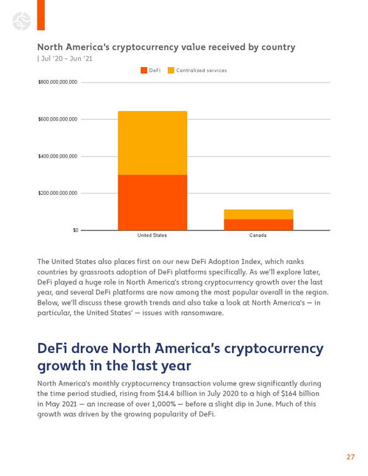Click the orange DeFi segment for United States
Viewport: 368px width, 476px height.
[x=152, y=202]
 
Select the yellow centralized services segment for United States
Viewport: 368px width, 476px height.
[x=152, y=143]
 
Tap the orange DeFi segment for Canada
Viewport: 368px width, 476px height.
[x=258, y=224]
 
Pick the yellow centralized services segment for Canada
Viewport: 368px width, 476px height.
[x=258, y=214]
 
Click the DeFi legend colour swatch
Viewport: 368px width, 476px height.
[x=144, y=71]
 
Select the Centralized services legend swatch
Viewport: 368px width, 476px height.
[x=171, y=71]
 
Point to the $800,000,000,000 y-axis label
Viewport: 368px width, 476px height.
[x=57, y=82]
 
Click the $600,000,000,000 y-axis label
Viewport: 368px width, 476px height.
[x=57, y=119]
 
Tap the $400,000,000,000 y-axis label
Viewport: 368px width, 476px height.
[x=57, y=157]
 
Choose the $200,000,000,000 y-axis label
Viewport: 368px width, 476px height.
[x=57, y=193]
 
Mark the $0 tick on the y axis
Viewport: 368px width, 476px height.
[x=75, y=230]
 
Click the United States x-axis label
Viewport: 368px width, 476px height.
[x=152, y=235]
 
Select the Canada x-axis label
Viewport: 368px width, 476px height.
[x=258, y=235]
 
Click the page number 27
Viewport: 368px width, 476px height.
[x=350, y=457]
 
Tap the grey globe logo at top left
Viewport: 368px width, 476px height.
[x=21, y=21]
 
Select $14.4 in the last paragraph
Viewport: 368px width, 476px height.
[x=166, y=394]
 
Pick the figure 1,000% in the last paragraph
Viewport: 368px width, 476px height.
[x=163, y=404]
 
